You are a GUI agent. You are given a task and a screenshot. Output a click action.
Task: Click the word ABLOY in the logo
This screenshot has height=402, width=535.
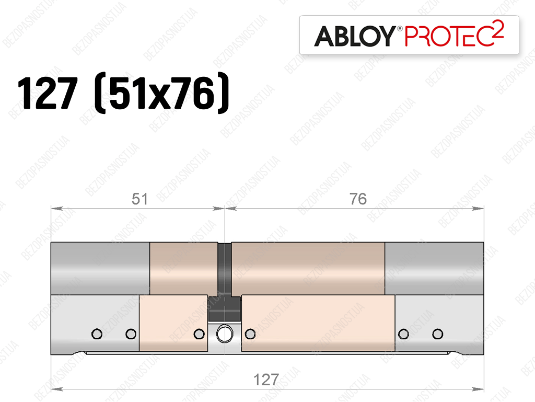coord(355,36)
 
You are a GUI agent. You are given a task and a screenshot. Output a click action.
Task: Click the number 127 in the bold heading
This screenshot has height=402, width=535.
coord(48,93)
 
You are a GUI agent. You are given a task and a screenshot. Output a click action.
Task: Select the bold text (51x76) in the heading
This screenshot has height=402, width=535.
coord(161,93)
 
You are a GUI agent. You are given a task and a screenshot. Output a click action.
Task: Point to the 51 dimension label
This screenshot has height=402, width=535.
coord(139,199)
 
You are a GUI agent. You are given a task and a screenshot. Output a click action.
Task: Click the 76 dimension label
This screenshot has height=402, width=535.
coord(358,199)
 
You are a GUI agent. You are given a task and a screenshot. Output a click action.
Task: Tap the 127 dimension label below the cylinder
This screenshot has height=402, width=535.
coord(266,380)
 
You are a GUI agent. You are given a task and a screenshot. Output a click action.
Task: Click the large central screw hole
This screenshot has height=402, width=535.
coord(225,334)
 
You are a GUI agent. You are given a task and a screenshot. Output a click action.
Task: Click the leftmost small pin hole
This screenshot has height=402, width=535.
coord(97,334)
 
